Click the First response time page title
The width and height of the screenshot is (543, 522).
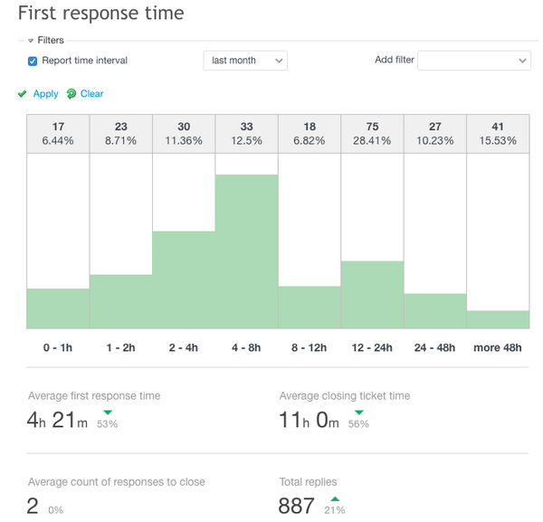point(100,14)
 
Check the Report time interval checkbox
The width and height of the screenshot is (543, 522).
point(33,61)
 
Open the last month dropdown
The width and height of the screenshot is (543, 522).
point(244,61)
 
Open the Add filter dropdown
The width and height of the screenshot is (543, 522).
point(473,61)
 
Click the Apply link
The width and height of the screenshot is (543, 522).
point(45,94)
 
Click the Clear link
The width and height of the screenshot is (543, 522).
point(91,94)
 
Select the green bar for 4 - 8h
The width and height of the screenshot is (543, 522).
point(246,252)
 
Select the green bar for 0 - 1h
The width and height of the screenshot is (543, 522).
point(58,308)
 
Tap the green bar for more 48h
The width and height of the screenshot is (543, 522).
point(498,319)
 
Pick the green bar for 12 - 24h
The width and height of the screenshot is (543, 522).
point(372,295)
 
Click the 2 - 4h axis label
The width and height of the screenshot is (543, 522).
point(184,347)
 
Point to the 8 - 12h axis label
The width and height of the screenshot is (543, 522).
point(309,347)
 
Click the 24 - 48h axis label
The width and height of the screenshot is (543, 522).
point(434,347)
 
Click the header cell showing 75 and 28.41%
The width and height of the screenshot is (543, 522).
point(372,134)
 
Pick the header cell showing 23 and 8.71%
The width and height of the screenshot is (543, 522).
point(120,134)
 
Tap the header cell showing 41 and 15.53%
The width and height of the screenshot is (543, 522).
point(498,134)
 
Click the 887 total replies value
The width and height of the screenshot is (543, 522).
point(297,506)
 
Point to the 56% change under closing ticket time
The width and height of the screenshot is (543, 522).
point(358,424)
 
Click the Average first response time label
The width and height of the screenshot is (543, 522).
point(94,396)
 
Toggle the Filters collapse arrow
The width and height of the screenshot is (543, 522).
point(30,41)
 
